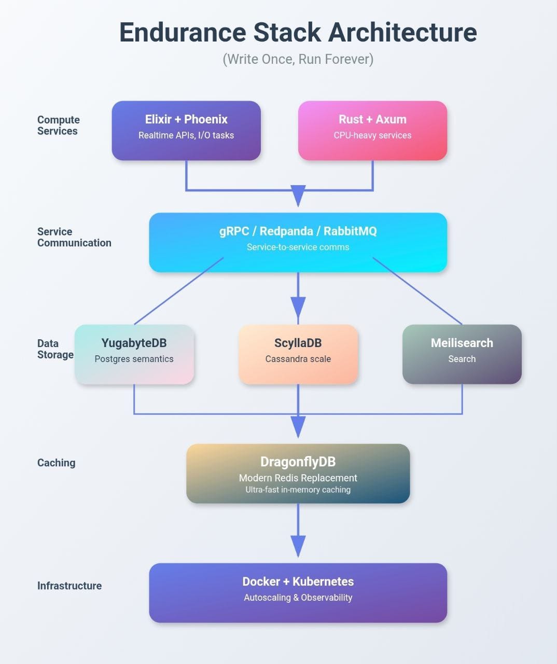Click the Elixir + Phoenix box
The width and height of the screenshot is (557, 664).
[186, 130]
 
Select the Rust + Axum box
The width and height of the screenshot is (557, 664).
[372, 130]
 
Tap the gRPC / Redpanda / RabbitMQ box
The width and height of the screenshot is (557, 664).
[298, 242]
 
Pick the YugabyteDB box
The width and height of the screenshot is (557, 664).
[134, 354]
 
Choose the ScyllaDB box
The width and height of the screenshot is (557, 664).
[298, 354]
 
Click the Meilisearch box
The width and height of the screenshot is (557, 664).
[462, 354]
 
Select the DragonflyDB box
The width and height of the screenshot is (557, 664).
[298, 473]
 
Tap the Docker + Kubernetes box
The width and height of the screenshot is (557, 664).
[298, 592]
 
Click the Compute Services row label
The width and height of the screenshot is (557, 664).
[58, 126]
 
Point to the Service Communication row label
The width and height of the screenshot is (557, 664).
[74, 237]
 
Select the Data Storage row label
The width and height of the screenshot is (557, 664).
[55, 349]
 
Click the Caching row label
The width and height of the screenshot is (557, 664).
[56, 463]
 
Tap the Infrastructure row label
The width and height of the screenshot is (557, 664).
[69, 586]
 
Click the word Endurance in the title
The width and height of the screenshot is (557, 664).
[182, 32]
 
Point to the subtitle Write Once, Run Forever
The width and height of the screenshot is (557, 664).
[298, 59]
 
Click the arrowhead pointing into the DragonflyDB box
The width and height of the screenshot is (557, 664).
[298, 426]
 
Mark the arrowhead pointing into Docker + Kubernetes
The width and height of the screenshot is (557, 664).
[298, 546]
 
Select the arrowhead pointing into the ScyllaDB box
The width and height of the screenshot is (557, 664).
[298, 307]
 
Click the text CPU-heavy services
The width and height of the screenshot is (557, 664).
[372, 135]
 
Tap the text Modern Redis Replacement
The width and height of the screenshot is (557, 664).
[298, 478]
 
